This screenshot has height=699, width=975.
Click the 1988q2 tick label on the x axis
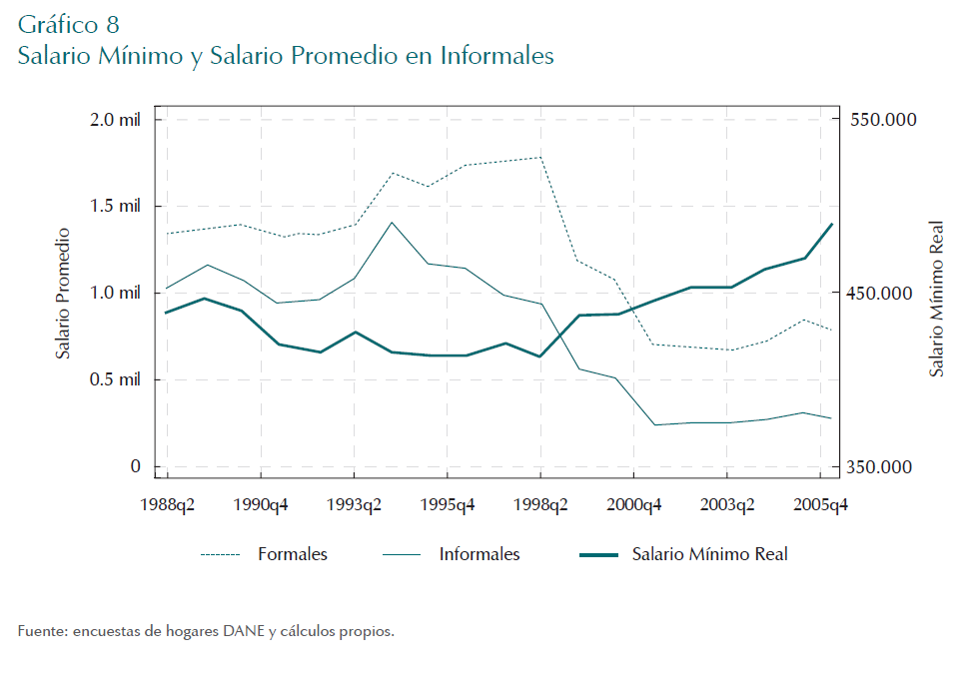[x=167, y=505]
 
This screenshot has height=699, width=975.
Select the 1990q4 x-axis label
[x=260, y=505]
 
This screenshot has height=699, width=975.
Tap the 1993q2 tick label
[x=354, y=505]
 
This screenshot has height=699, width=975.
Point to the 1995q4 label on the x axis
[x=447, y=505]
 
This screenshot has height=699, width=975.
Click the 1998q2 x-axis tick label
[x=540, y=505]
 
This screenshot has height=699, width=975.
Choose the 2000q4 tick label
[x=633, y=505]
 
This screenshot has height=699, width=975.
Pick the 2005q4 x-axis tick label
[x=820, y=505]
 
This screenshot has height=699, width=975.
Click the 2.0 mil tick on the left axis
[x=115, y=120]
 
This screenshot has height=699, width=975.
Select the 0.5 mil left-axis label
[x=115, y=380]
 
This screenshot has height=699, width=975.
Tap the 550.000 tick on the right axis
[x=883, y=120]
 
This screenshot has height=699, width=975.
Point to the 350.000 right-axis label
[x=883, y=467]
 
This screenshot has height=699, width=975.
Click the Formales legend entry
[x=292, y=554]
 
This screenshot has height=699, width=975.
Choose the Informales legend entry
[x=480, y=554]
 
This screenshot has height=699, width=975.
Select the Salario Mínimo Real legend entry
[x=709, y=554]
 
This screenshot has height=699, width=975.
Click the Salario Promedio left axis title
[x=63, y=293]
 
